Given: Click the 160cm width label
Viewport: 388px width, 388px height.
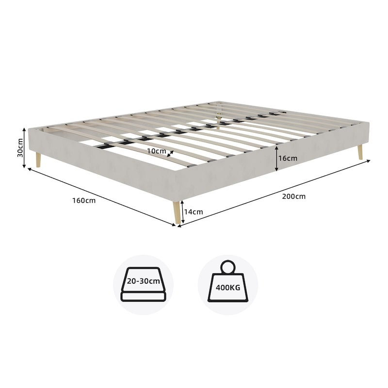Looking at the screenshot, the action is pos(84,200).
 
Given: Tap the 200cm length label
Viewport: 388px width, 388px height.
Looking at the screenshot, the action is pos(294,196).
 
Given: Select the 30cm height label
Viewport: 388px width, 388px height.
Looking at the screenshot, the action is pos(20,148).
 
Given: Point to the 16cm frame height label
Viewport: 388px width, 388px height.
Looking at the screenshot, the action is pos(288,158).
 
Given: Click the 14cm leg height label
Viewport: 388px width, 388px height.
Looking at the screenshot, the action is pos(194,212).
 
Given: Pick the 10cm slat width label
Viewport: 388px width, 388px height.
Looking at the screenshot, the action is pos(157,151).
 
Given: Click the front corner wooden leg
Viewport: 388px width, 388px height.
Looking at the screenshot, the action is pos(176,213).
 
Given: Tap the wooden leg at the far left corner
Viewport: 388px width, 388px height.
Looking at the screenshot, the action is pos(38,160).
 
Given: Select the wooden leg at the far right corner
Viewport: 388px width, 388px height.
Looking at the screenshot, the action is pos(360,152).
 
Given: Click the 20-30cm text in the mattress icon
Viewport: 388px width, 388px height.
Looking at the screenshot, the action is pos(144,281).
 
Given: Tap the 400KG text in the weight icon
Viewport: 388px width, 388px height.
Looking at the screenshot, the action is pos(228,288).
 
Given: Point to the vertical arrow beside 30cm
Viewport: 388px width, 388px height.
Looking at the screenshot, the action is pos(24,148).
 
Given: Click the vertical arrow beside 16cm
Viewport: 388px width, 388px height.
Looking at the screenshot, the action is pos(276,159).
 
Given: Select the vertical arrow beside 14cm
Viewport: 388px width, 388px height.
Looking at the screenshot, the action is pos(183,212).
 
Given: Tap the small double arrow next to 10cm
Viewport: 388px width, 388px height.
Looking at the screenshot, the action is pos(170,154).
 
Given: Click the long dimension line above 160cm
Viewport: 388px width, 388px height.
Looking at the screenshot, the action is pos(101,197).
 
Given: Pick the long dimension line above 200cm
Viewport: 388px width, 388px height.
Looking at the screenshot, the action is pos(274,193).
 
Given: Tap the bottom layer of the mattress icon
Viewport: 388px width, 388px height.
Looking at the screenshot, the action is pos(143,296).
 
